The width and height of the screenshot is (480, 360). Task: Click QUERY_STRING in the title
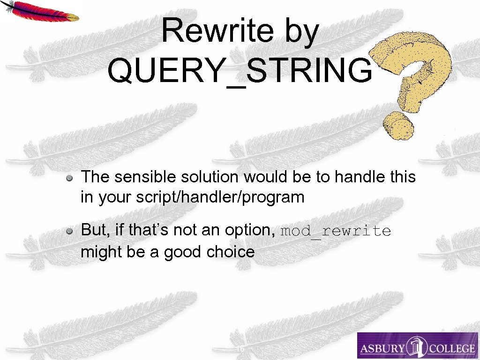[x=240, y=70]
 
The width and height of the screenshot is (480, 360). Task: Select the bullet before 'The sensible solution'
[x=69, y=178]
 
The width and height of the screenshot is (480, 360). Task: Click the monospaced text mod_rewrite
[x=336, y=231]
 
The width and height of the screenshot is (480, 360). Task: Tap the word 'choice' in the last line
[x=232, y=252]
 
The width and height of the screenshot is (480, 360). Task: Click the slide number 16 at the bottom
[x=240, y=350]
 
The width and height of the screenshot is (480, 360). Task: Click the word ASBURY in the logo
[x=381, y=348]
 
